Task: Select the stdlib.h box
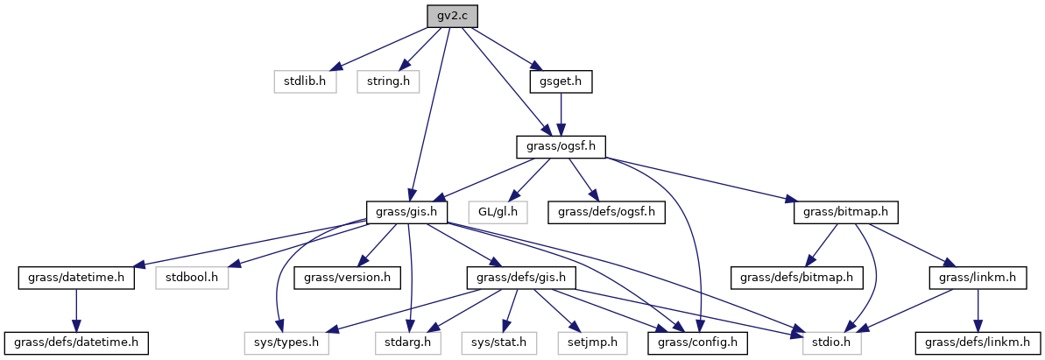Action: tap(305, 81)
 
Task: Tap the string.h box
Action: tap(388, 81)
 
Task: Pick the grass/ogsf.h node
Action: tap(561, 146)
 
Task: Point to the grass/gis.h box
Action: tap(407, 212)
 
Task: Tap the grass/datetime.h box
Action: tap(76, 278)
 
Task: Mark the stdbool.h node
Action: tap(192, 278)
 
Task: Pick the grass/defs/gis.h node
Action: tap(512, 278)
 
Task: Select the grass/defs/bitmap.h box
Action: tap(787, 278)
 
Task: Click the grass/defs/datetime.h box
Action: tap(76, 342)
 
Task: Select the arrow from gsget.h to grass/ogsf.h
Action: tap(561, 114)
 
